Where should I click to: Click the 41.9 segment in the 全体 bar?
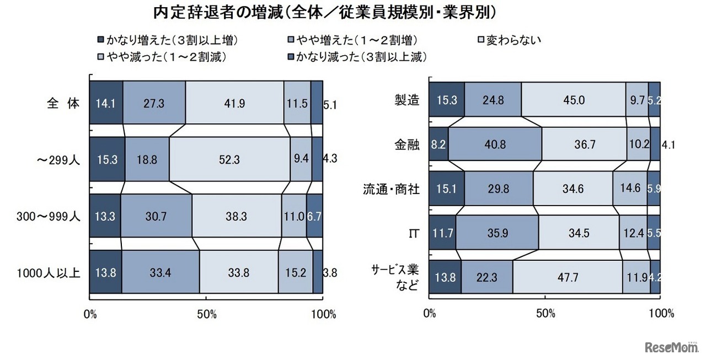tap(234, 103)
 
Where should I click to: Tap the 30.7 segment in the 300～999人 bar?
tap(156, 216)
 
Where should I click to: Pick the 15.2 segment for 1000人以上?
tap(295, 273)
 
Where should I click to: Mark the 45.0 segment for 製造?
tap(573, 100)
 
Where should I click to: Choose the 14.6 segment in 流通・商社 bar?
tap(629, 189)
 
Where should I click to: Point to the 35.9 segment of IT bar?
tap(497, 233)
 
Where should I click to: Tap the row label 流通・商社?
tap(392, 189)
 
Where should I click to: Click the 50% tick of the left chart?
tap(206, 315)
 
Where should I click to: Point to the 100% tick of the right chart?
tap(661, 314)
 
